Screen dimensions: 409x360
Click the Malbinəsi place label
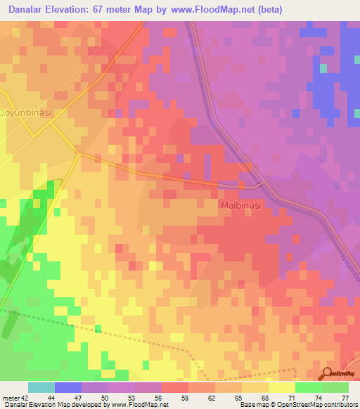click(x=240, y=204)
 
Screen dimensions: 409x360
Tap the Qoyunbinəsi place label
click(x=26, y=112)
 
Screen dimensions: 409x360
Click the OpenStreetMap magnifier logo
click(x=328, y=374)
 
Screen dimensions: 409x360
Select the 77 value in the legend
click(x=345, y=397)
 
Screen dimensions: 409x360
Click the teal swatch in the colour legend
click(x=41, y=387)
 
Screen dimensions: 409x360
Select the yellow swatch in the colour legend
click(x=282, y=387)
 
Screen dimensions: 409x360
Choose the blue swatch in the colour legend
click(x=68, y=387)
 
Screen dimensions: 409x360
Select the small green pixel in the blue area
click(x=323, y=68)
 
